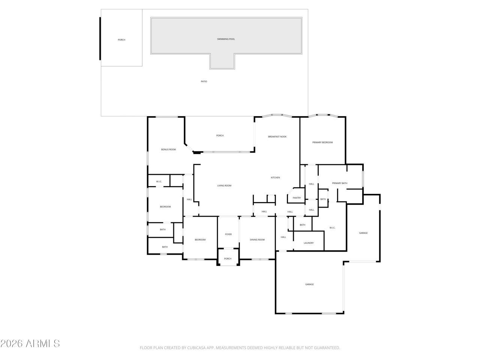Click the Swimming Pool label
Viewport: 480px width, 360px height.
(226, 39)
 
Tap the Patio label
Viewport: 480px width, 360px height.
(204, 81)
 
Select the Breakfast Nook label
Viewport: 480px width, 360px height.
(277, 137)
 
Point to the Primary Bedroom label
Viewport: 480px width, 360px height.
(322, 142)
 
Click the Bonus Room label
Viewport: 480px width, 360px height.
(168, 150)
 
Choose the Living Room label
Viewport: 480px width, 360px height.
(224, 186)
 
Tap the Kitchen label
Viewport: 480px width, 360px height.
(275, 178)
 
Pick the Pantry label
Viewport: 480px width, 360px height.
(297, 198)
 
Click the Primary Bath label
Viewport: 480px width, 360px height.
(340, 183)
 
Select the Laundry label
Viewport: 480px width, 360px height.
(309, 243)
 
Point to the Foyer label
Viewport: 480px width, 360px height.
(228, 234)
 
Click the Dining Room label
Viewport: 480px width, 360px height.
(257, 240)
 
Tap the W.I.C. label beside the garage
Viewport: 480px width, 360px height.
(332, 228)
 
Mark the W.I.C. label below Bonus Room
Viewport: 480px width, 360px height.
(159, 181)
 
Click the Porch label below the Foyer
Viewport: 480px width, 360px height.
(228, 259)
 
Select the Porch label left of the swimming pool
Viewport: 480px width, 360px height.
(121, 40)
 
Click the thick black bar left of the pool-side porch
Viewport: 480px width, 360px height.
(100, 39)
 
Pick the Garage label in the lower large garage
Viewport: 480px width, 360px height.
(309, 284)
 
